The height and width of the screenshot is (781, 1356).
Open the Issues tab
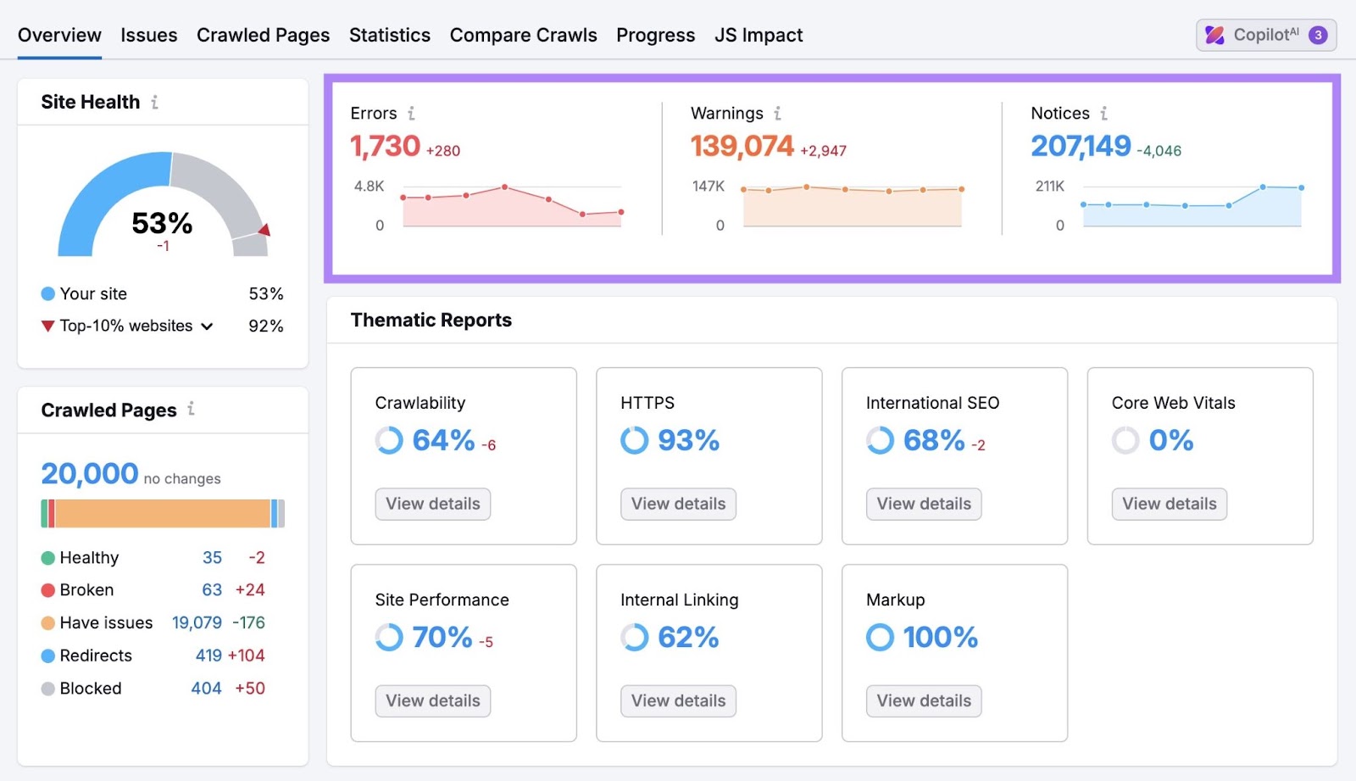(148, 35)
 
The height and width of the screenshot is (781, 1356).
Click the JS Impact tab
(758, 35)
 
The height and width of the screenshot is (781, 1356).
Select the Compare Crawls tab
(523, 35)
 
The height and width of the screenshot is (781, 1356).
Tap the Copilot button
(1265, 35)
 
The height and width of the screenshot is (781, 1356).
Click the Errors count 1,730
(385, 147)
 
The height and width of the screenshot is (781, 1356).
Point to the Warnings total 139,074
(742, 147)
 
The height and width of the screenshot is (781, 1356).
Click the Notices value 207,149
(1081, 147)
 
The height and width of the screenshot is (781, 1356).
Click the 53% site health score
(162, 223)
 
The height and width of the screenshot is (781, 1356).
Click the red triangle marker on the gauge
(264, 230)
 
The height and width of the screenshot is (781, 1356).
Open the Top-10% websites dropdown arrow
(207, 326)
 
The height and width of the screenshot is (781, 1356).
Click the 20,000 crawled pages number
(89, 473)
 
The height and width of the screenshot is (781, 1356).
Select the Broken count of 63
(212, 590)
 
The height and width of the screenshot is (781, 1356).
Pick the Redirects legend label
(96, 655)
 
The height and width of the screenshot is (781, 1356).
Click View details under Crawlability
(432, 504)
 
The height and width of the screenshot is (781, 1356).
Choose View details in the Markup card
(923, 700)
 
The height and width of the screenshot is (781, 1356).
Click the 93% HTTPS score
(687, 440)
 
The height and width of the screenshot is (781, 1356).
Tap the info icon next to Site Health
(154, 103)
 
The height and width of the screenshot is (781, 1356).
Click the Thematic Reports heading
(431, 320)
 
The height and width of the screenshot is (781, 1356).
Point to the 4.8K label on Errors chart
(369, 186)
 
